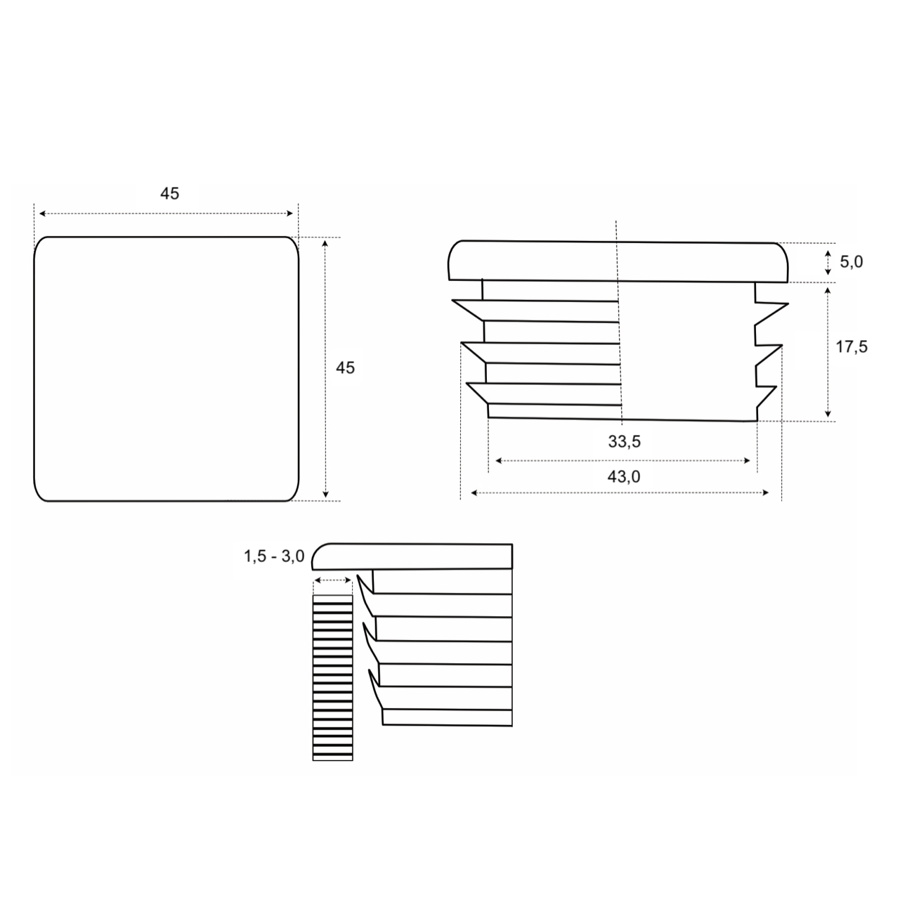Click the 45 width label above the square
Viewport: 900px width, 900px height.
(x=169, y=193)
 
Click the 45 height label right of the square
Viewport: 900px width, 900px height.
(x=345, y=367)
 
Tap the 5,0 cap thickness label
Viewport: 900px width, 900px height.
(x=851, y=262)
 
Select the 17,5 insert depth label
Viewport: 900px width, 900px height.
(x=852, y=346)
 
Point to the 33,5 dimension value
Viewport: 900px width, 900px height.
(x=624, y=442)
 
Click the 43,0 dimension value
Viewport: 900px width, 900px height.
(x=624, y=476)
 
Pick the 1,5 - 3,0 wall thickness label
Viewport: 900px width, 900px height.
(x=274, y=556)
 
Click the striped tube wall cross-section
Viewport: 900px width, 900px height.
(x=332, y=678)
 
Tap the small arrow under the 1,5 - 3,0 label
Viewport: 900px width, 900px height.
(x=332, y=580)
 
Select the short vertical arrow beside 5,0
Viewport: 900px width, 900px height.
(x=828, y=262)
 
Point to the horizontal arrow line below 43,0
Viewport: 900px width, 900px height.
(x=621, y=493)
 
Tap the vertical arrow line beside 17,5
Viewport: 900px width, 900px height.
(x=828, y=351)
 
